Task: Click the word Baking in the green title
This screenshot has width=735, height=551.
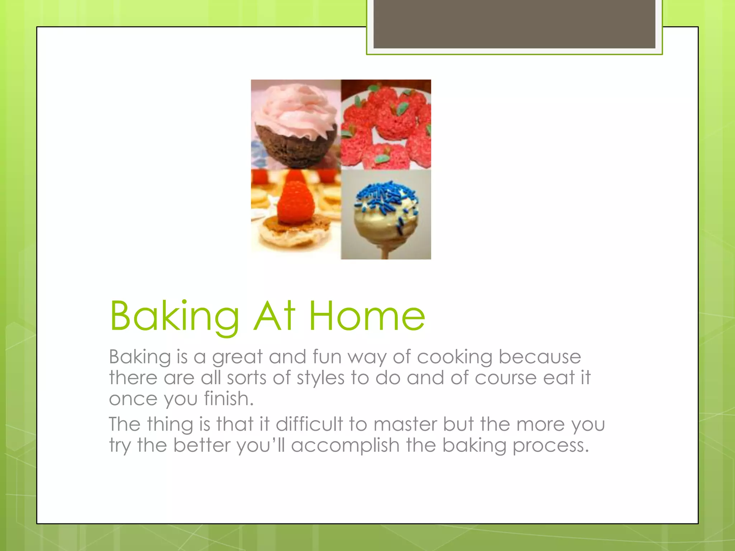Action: [x=174, y=316]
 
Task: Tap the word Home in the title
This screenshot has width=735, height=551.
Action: [x=367, y=316]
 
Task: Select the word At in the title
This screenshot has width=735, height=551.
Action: [x=274, y=316]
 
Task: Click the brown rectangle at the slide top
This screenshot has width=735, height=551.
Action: [x=514, y=24]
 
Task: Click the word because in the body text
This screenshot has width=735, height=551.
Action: [x=540, y=357]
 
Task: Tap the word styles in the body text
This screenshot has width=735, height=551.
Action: [x=320, y=378]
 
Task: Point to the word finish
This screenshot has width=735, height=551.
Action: [x=228, y=399]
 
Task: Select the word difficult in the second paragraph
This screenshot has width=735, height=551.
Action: [x=309, y=424]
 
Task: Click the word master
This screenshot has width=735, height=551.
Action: [x=405, y=424]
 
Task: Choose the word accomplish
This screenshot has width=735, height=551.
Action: [x=345, y=446]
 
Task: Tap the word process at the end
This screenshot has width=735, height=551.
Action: [x=551, y=446]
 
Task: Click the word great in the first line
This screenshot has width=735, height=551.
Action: [x=237, y=357]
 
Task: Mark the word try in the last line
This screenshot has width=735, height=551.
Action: [x=120, y=446]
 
